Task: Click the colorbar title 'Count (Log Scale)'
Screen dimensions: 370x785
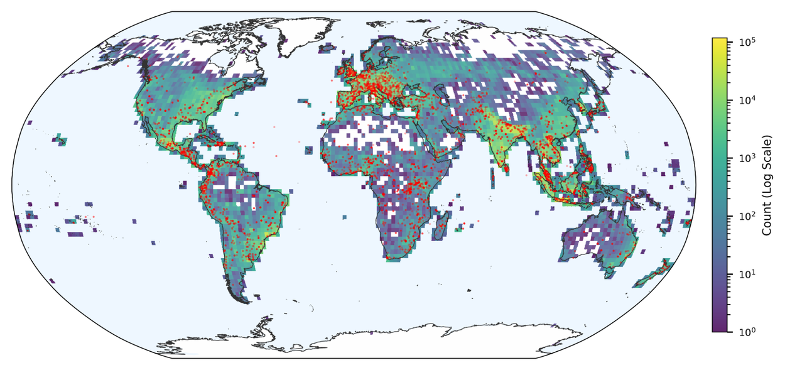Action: click(x=767, y=185)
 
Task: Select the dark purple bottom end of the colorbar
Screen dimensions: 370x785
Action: click(x=719, y=329)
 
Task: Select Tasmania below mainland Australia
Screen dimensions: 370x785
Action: click(x=609, y=272)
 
